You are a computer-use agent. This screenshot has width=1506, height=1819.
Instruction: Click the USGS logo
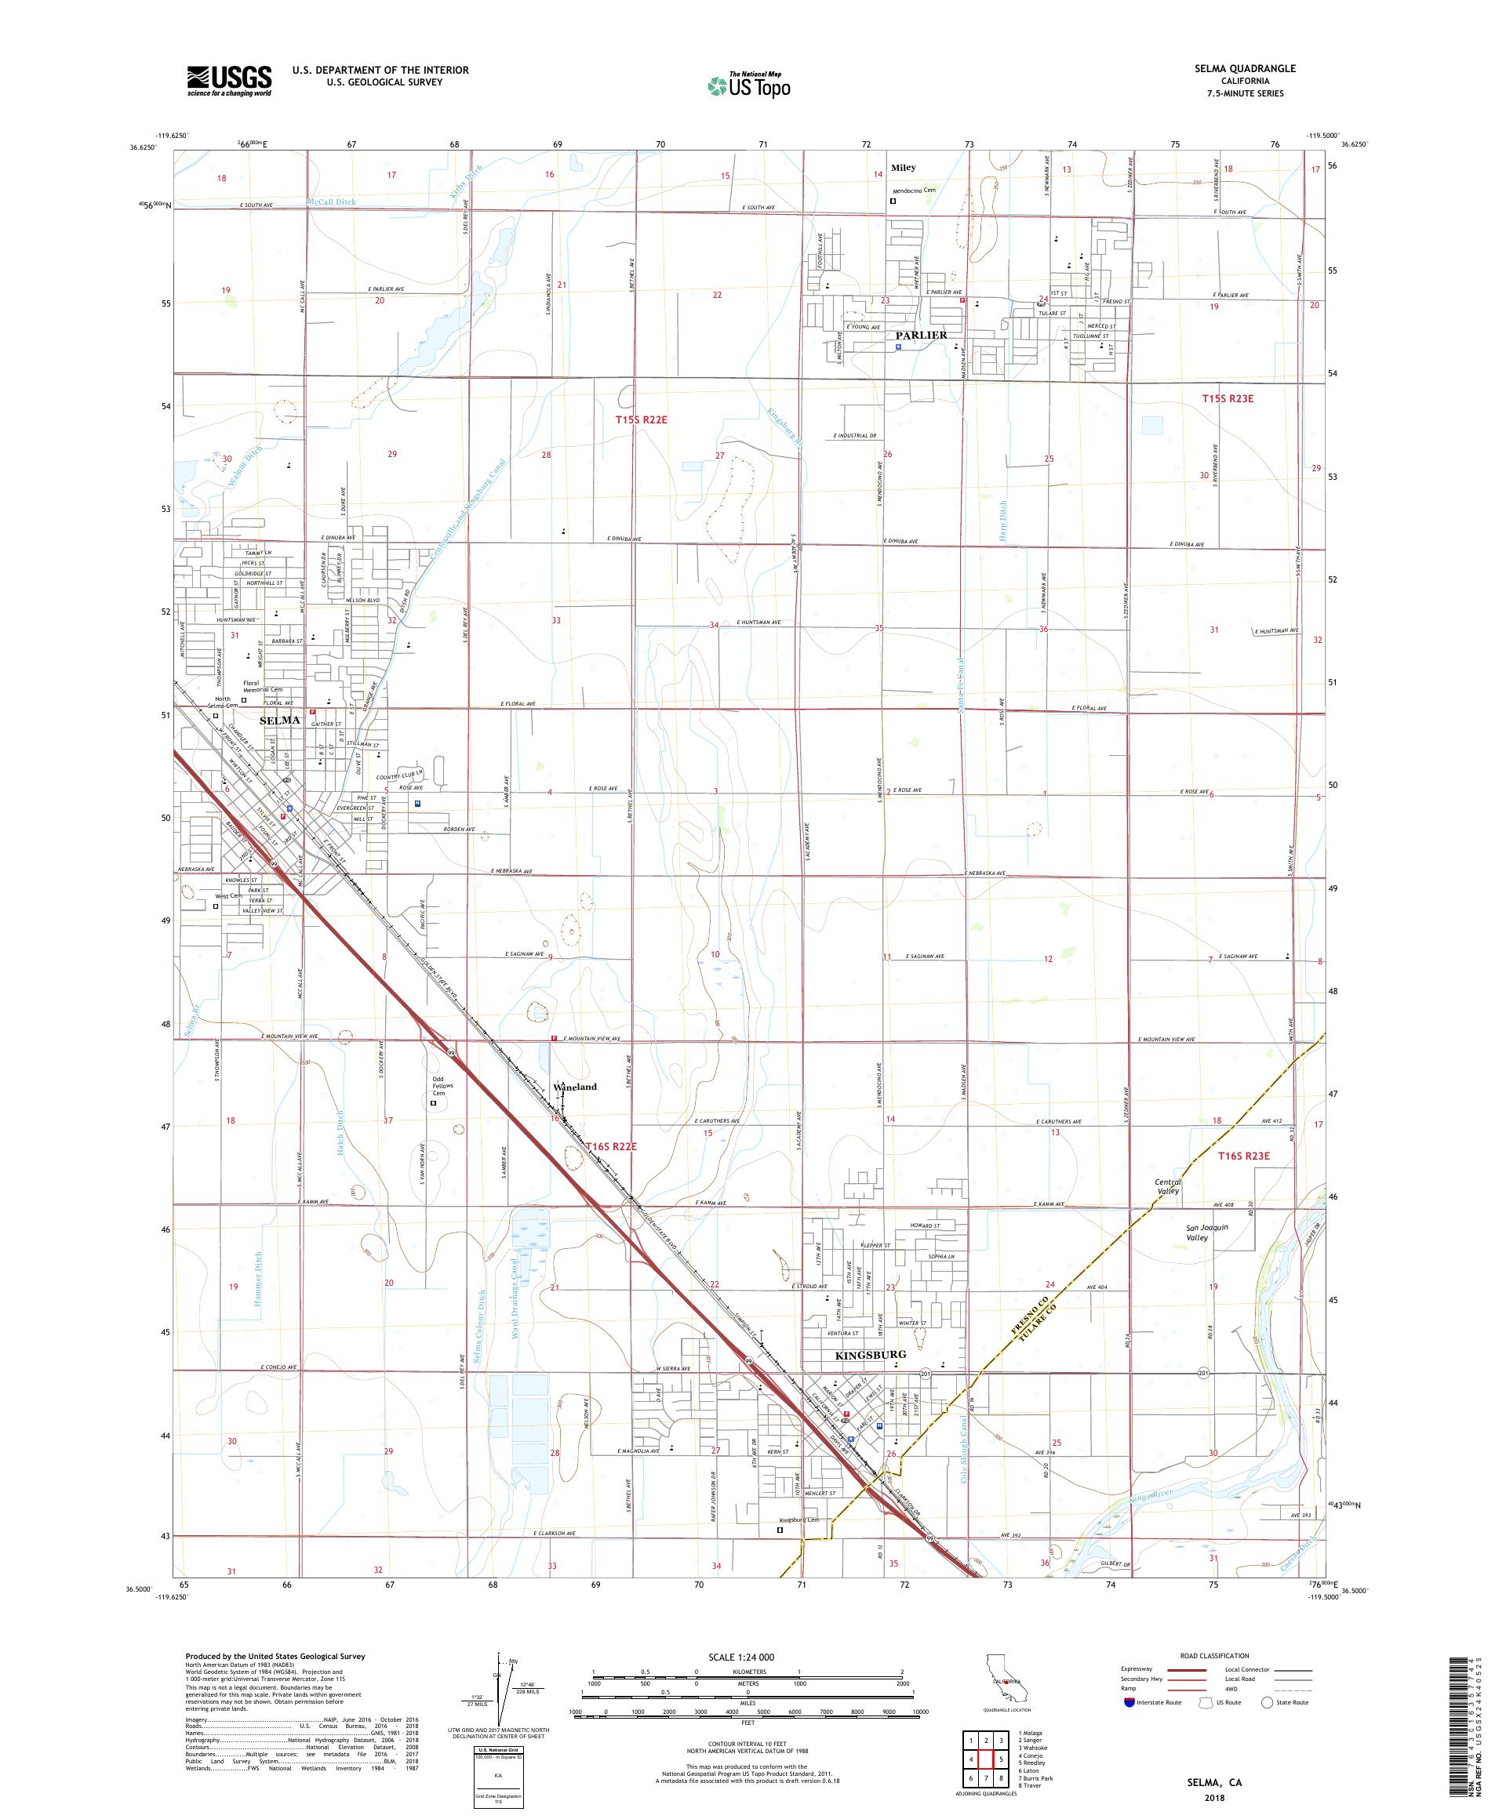pyautogui.click(x=229, y=82)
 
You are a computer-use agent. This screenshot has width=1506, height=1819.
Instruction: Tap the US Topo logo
pyautogui.click(x=750, y=85)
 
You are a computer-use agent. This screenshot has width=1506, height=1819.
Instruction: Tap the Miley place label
pyautogui.click(x=904, y=167)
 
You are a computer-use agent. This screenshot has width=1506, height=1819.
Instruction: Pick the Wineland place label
pyautogui.click(x=576, y=1086)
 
